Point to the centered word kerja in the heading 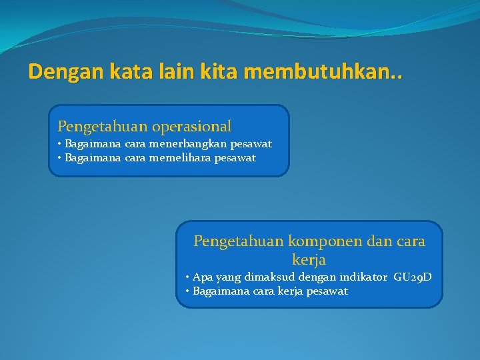tap(309, 259)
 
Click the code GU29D tap(413, 277)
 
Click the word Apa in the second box tap(201, 277)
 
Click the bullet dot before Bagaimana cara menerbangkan tap(60, 144)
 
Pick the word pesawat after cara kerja tap(327, 291)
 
